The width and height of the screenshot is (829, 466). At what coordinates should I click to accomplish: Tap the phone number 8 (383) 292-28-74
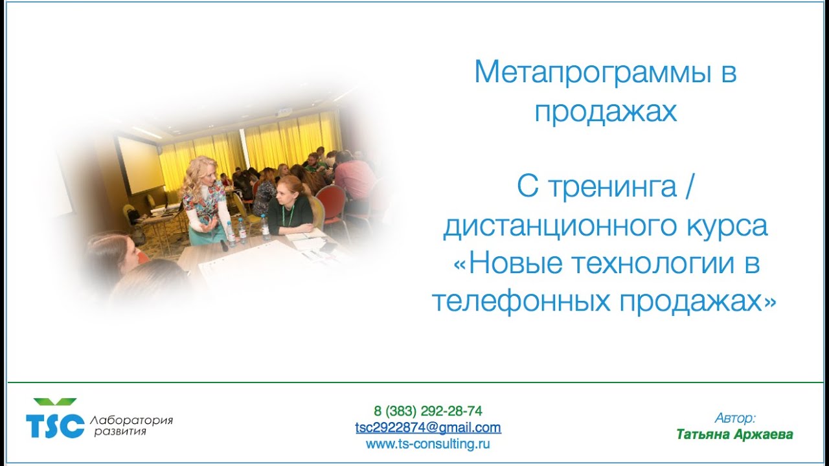427,411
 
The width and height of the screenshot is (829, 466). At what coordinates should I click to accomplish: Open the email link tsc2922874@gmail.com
427,428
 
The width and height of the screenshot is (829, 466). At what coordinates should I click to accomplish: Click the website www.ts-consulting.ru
427,444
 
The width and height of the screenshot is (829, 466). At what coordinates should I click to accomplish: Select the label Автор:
735,418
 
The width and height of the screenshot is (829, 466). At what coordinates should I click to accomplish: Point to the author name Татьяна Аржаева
734,434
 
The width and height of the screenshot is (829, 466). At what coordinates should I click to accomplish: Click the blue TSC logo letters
54,425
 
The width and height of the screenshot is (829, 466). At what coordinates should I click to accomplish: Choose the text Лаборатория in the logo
133,420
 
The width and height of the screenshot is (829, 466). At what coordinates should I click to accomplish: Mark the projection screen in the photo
140,164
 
